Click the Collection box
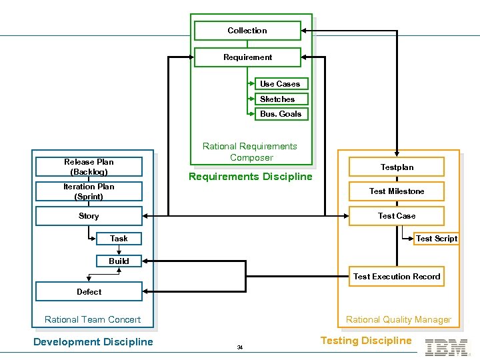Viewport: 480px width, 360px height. pos(247,31)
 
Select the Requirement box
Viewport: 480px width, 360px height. pos(247,57)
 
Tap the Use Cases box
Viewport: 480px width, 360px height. pos(281,84)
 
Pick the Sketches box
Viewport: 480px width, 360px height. pos(281,99)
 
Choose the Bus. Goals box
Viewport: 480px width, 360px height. pos(281,114)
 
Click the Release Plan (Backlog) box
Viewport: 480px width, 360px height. pos(89,167)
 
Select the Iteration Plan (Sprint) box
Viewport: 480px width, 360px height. pos(89,191)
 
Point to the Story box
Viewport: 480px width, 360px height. pos(89,216)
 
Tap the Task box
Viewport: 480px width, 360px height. pos(119,239)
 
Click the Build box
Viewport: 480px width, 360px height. pos(119,261)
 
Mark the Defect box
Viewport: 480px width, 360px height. pos(89,291)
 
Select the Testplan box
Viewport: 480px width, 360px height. pos(397,167)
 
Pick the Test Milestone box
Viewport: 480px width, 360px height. pos(397,191)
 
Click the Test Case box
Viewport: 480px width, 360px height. pos(397,216)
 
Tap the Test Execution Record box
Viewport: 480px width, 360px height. pos(397,277)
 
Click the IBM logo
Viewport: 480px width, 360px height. pos(446,347)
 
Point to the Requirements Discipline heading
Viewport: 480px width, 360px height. pos(250,177)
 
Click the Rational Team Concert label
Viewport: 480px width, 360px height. pos(93,319)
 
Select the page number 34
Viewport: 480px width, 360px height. pos(239,347)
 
